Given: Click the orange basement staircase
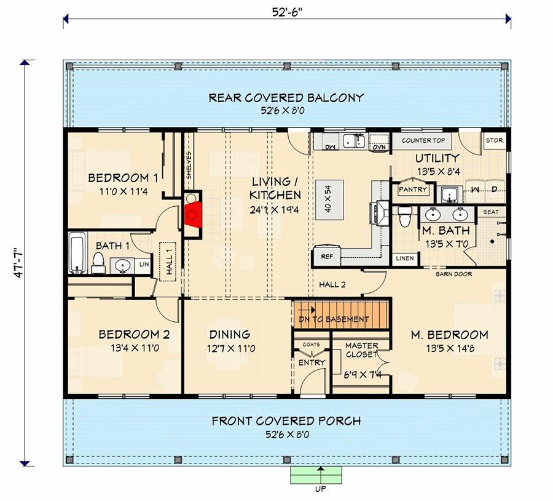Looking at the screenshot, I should (342, 315).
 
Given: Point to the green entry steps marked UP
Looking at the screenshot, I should (316, 475).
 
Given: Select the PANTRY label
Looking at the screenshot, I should (413, 190).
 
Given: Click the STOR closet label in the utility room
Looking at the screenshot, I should (494, 140).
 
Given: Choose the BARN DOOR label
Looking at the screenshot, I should (453, 274).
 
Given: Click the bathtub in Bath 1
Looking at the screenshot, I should (77, 252).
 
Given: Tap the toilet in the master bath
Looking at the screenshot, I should (404, 217).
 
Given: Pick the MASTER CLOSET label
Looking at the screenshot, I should (361, 350).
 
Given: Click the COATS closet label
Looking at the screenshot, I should (312, 345).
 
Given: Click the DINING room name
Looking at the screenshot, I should (229, 335).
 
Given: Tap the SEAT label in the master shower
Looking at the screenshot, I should (491, 212).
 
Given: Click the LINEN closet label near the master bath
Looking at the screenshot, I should (404, 258).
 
